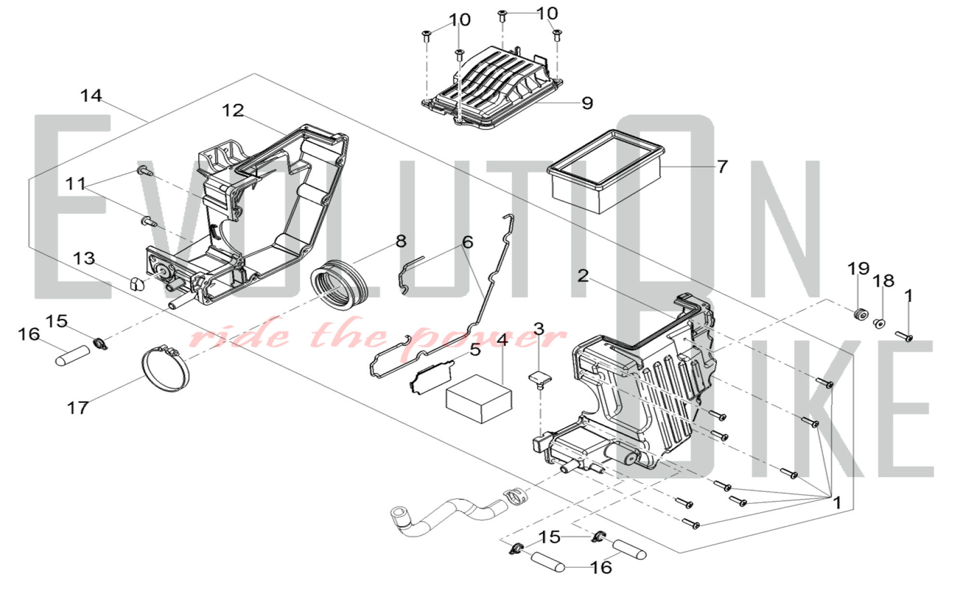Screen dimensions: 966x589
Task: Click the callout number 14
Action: (91, 96)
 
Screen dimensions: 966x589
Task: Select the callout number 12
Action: (233, 111)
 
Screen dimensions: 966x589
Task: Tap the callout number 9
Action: (587, 103)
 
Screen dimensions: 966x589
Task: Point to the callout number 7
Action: (722, 167)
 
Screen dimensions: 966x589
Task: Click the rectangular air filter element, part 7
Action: (604, 171)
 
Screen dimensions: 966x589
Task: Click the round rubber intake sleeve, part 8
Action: (339, 285)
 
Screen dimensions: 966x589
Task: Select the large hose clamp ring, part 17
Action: (166, 369)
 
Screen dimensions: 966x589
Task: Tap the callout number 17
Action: (78, 408)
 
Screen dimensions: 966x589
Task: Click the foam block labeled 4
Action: (478, 399)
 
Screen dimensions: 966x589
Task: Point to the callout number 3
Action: (539, 329)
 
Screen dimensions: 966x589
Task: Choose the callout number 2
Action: (583, 276)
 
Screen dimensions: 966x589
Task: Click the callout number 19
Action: (858, 268)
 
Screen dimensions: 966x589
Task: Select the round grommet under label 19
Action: (860, 314)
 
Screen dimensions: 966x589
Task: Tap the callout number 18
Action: (883, 280)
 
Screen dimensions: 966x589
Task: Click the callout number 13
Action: (84, 258)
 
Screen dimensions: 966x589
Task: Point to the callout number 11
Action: (76, 183)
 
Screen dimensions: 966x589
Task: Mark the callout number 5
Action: (475, 350)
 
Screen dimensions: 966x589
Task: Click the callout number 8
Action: (401, 241)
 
